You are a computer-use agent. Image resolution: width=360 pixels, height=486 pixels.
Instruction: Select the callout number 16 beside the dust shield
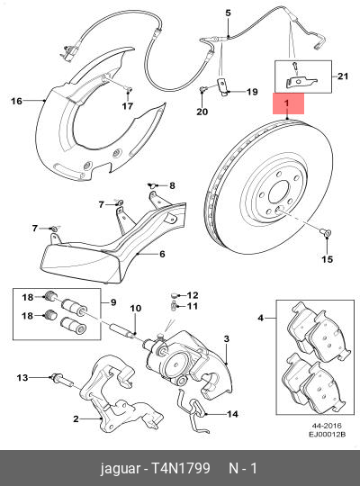tap(15, 102)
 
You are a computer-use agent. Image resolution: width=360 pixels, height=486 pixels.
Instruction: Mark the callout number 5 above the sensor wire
tap(228, 12)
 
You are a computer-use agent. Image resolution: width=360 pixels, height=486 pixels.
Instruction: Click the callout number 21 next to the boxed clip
tap(341, 78)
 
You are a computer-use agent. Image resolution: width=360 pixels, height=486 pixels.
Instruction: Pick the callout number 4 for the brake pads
tap(261, 318)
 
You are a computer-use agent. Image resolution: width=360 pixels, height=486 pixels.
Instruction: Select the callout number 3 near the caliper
tap(227, 338)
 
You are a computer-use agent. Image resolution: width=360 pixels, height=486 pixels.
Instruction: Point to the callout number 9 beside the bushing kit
tap(112, 302)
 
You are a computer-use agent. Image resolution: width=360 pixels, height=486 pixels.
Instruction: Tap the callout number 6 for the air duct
tap(162, 255)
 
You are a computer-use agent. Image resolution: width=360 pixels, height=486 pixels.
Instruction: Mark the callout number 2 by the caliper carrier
tap(76, 419)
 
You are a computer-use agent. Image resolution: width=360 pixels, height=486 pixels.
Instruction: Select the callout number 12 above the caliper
tap(193, 295)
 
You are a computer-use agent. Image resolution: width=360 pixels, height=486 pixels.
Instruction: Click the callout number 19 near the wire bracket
tap(251, 92)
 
